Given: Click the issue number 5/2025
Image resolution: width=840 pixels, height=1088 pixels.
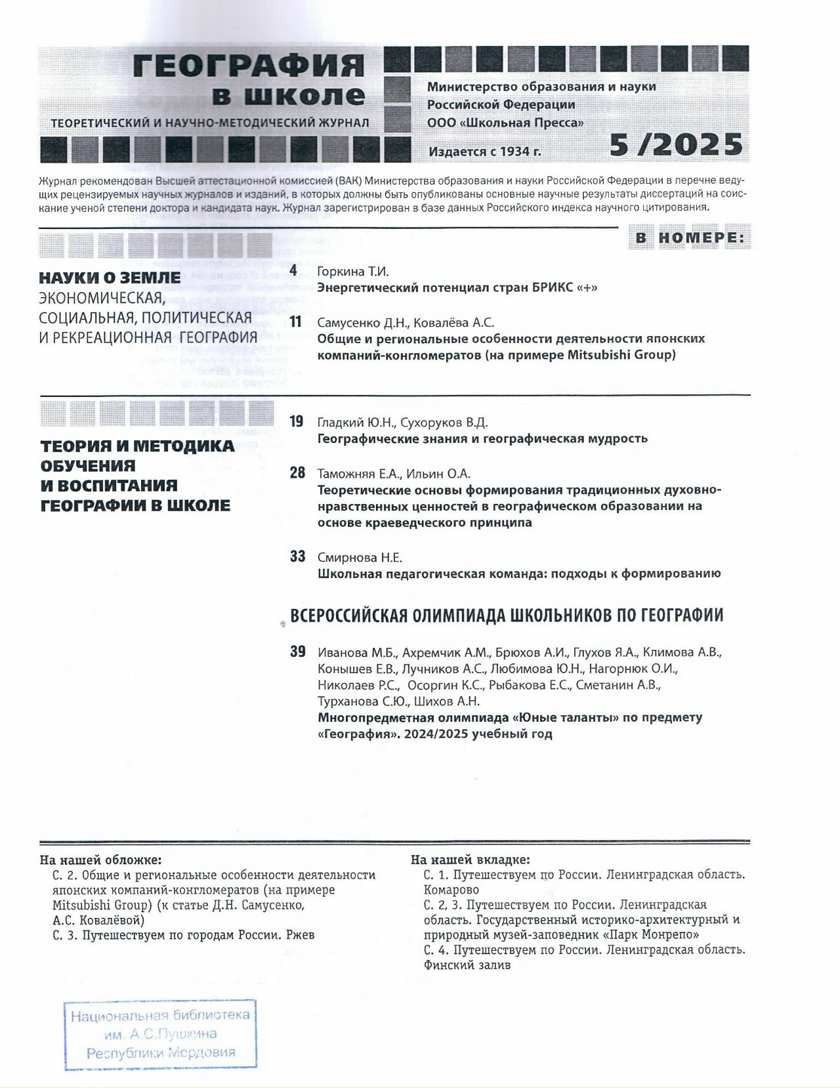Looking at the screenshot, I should (676, 144).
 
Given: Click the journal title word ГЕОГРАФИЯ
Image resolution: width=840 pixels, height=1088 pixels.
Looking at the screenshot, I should (249, 66).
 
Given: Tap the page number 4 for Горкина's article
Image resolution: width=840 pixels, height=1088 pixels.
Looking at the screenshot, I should (293, 270).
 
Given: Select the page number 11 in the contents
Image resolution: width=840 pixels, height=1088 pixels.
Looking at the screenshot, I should (295, 322).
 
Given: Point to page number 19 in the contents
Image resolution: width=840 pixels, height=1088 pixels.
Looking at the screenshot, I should (297, 421).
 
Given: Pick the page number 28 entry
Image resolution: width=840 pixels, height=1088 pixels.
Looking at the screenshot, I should (297, 472).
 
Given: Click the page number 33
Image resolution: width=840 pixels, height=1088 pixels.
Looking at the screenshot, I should (297, 556).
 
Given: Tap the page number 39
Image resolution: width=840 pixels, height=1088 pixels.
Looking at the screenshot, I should (297, 652).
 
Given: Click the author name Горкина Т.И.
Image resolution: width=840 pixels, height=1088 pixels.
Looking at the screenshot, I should (353, 271).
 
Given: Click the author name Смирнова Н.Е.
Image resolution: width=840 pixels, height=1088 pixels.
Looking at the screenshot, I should (360, 558).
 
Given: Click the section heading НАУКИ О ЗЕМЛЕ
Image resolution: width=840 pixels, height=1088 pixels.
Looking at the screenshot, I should (110, 278).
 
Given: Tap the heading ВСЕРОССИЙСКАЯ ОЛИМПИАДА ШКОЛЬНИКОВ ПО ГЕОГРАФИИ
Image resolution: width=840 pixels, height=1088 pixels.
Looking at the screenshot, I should (507, 616).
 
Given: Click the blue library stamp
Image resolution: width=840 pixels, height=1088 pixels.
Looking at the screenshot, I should (160, 1034).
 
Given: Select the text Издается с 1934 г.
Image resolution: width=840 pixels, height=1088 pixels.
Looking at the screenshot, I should (485, 152).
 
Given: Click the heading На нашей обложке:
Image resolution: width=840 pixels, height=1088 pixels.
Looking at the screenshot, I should (100, 860).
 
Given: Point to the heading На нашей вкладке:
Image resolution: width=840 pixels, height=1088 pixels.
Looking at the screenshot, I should (471, 860).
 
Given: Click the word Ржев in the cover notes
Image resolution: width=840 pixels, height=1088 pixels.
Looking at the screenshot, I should (300, 934).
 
